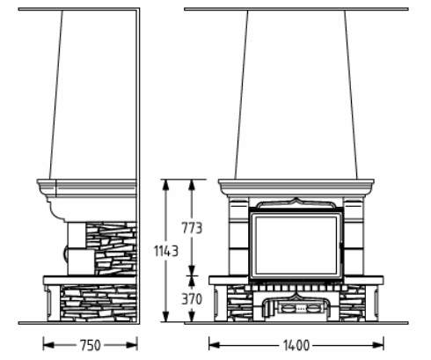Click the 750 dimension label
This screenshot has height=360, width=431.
[91, 345]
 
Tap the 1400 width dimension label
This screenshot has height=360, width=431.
[296, 345]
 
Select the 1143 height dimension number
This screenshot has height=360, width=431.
[166, 251]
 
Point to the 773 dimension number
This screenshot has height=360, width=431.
[192, 228]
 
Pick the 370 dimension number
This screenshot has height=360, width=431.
[192, 299]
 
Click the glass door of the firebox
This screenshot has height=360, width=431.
[296, 246]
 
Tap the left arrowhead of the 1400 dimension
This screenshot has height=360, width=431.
[215, 345]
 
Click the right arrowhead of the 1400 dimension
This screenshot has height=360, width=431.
[378, 345]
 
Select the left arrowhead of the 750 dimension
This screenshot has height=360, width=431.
[48, 345]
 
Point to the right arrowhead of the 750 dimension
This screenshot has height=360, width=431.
[132, 345]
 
